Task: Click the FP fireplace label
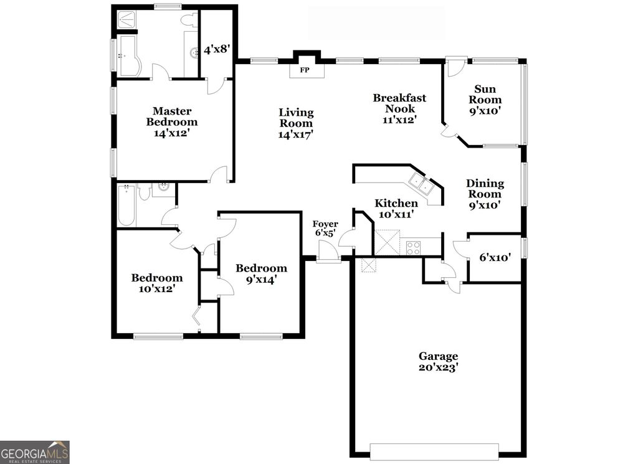305,70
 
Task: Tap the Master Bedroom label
168,121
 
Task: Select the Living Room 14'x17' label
296,123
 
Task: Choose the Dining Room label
485,194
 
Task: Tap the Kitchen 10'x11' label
396,209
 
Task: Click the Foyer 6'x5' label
325,229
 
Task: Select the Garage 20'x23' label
439,362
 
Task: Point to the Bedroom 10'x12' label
156,283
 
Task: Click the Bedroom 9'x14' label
261,274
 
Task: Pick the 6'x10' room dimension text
495,257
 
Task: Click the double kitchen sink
422,184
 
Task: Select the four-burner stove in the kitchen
413,247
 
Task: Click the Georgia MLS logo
35,452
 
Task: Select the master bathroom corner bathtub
130,56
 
